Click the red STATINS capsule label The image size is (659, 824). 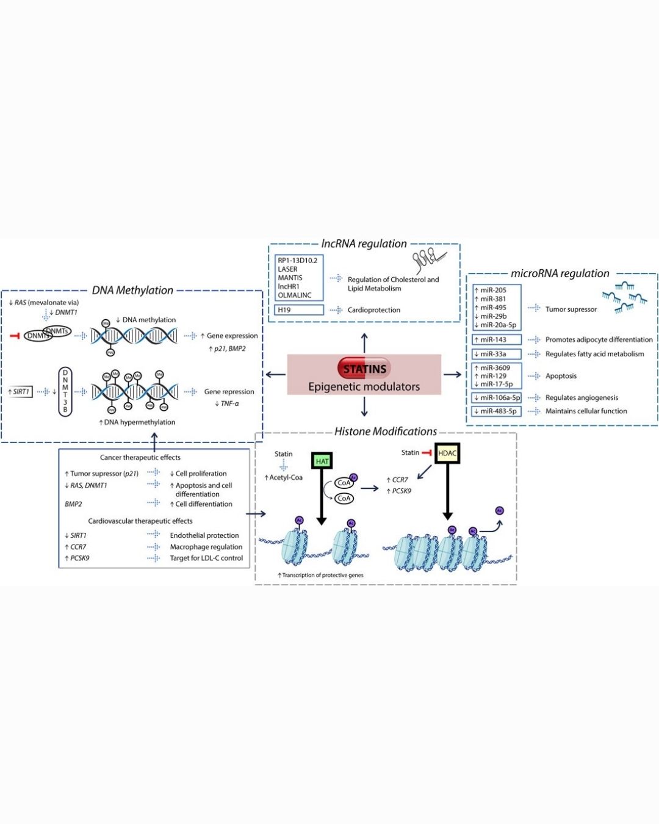click(x=364, y=369)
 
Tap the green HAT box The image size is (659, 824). click(x=322, y=461)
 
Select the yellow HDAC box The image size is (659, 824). click(x=447, y=453)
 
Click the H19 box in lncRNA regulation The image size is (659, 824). click(x=299, y=310)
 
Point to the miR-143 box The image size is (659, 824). click(x=497, y=340)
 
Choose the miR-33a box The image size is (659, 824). click(x=497, y=354)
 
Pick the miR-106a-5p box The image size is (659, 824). click(x=497, y=398)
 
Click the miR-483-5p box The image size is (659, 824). click(x=497, y=411)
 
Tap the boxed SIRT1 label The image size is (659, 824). click(x=20, y=392)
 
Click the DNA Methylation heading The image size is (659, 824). click(x=132, y=291)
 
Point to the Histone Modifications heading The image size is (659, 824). click(x=386, y=432)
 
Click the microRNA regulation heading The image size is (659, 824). click(x=560, y=273)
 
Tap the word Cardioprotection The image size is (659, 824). click(x=374, y=310)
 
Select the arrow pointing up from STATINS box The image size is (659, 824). click(x=364, y=342)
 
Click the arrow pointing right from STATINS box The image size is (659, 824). click(x=452, y=374)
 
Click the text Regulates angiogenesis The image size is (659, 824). click(x=582, y=398)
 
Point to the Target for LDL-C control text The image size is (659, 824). click(x=206, y=558)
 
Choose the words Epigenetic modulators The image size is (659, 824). click(x=364, y=386)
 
